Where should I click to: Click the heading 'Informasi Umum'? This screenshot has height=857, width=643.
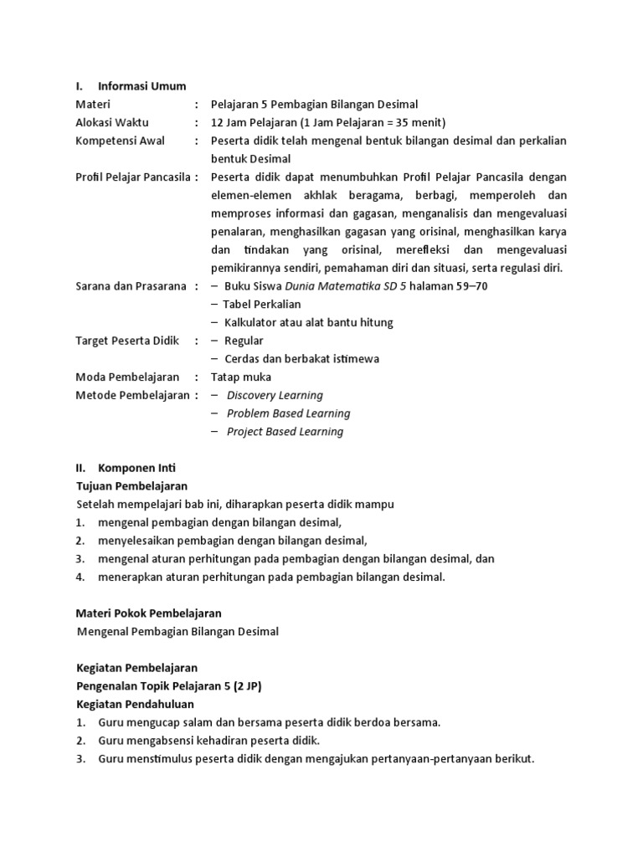tap(141, 85)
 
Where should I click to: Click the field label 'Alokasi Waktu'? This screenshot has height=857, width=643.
tap(112, 122)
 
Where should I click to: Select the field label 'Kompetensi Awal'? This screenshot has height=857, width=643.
tap(120, 141)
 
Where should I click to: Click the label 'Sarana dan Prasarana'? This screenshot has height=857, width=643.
tap(131, 286)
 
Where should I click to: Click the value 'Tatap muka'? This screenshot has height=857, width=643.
tap(240, 377)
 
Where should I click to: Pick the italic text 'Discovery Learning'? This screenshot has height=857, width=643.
tap(275, 395)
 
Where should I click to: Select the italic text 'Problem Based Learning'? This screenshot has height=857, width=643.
tap(288, 413)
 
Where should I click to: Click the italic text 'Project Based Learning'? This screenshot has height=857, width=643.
tap(285, 432)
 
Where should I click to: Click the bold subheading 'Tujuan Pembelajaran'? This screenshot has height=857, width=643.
tap(131, 486)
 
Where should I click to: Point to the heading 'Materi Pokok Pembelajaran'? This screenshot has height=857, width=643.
tap(149, 613)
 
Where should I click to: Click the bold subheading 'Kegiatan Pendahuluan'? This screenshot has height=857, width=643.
tap(135, 704)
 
